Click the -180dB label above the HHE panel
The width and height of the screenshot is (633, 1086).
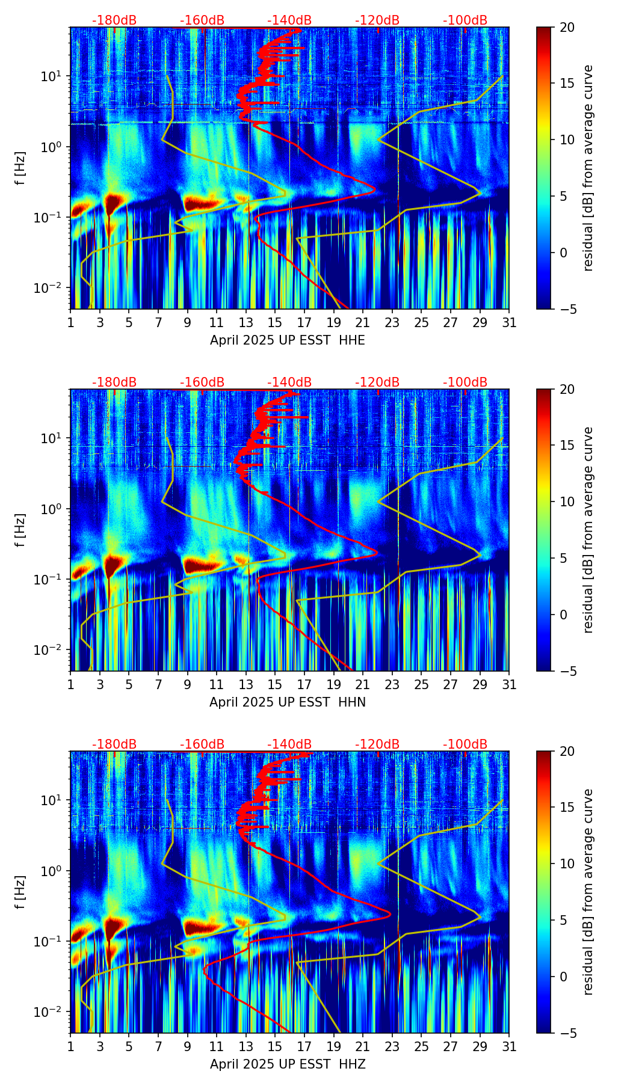click(114, 20)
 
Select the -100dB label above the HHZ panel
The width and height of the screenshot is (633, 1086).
click(465, 744)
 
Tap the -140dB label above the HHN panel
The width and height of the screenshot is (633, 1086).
click(289, 382)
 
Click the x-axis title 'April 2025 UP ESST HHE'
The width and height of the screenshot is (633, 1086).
click(288, 340)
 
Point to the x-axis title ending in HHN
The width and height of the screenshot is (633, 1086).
click(288, 702)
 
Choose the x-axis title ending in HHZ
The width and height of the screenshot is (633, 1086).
click(288, 1064)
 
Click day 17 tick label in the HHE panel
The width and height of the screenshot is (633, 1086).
click(304, 323)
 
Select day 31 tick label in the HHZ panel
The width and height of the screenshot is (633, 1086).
click(509, 1047)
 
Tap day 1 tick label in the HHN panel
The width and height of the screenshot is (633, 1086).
click(71, 685)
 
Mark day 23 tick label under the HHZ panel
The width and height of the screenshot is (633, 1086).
click(392, 1047)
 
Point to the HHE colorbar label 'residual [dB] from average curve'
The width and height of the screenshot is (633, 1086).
click(588, 168)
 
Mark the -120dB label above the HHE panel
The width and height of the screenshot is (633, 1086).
click(377, 20)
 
